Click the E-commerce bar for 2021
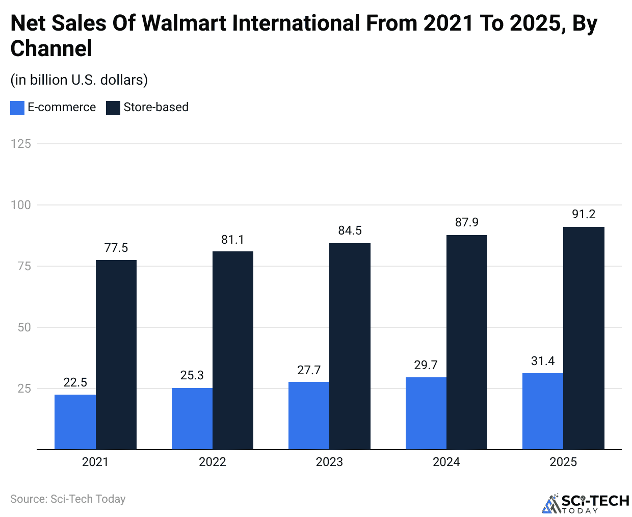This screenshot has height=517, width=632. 75,422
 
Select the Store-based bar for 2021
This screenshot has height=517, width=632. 116,354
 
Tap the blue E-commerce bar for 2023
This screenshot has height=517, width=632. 309,416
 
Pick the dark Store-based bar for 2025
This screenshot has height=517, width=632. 584,338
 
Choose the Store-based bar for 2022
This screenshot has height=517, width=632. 233,350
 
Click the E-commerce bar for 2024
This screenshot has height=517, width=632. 426,413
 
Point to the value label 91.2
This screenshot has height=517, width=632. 584,214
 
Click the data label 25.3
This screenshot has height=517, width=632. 192,375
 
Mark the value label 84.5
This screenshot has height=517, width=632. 350,230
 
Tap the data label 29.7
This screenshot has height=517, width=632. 426,365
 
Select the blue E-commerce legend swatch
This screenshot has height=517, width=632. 17,108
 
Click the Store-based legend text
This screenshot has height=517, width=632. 156,107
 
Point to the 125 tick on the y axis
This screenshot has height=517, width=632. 21,144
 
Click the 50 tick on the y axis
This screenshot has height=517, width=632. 24,327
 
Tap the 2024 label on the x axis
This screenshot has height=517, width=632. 446,462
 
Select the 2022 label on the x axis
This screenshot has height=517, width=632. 212,462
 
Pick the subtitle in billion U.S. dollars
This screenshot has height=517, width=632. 79,80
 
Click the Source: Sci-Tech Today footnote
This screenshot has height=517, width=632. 68,499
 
